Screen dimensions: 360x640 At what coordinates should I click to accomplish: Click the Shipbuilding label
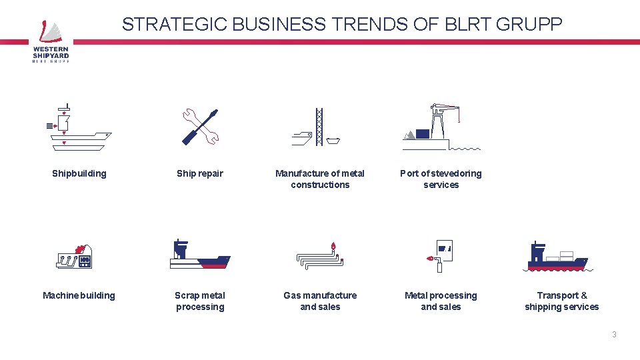point(79,173)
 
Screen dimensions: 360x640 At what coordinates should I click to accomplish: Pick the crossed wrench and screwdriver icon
point(200,127)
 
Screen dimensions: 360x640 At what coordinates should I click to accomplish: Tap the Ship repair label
point(200,173)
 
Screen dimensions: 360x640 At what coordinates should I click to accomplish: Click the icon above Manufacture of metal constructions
point(319,127)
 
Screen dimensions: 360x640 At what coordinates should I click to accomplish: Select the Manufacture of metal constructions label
point(320,179)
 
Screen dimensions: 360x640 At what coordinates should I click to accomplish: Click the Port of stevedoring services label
point(441,179)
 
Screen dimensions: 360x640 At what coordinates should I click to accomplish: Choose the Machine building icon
point(75,256)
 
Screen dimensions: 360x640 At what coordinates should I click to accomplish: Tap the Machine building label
point(79,295)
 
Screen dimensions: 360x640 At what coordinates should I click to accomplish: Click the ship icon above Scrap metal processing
point(199,255)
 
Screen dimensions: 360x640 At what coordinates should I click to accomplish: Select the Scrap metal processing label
point(200,301)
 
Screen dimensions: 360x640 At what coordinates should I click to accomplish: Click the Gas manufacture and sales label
point(320,301)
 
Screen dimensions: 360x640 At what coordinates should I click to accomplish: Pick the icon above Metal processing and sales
point(441,255)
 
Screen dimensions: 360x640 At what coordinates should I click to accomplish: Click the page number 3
point(614,335)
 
